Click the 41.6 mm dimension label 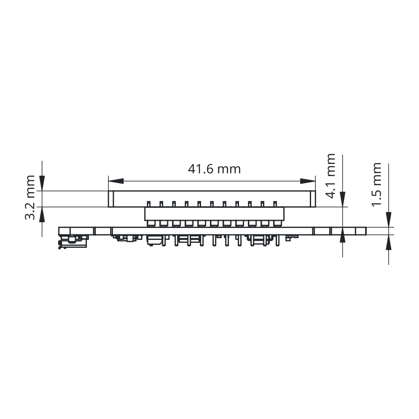pos(214,169)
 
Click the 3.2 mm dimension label pos(30,197)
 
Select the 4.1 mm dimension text pos(331,176)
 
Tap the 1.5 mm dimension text pos(376,184)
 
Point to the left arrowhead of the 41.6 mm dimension pos(116,181)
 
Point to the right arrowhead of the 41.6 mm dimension pos(308,181)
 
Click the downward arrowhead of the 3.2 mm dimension pos(42,183)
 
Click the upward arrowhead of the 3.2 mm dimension pos(42,214)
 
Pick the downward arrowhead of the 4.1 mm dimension pos(343,199)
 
